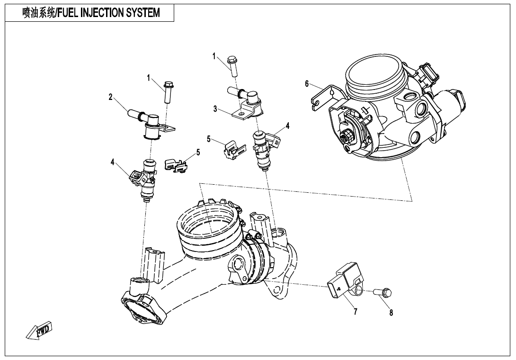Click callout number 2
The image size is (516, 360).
tap(110, 97)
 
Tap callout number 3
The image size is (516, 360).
tap(215, 109)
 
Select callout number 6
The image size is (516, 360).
tap(307, 84)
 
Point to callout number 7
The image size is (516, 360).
tap(355, 311)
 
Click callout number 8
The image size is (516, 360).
tap(391, 312)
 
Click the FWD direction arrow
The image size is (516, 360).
tap(39, 331)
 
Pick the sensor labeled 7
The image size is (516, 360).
tap(343, 284)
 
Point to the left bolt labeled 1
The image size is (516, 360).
tap(168, 92)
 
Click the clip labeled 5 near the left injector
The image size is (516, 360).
tap(176, 165)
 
